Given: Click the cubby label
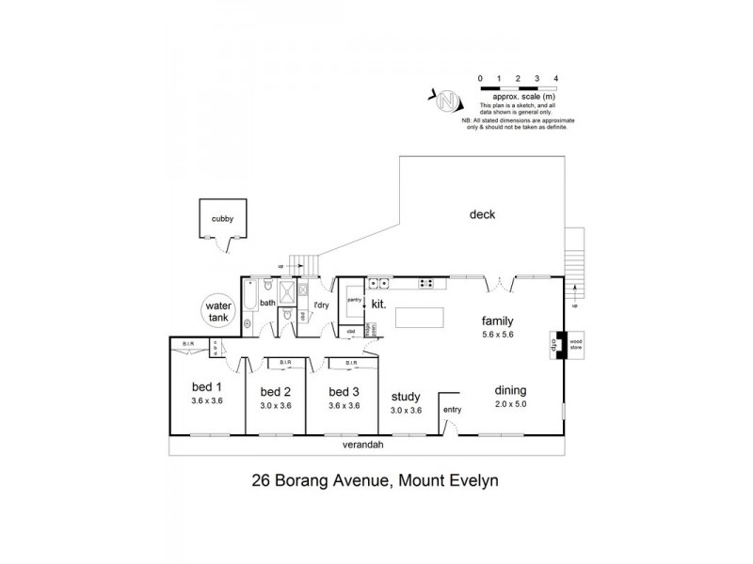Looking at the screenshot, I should coord(222,219).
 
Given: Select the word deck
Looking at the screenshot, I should coord(483,215).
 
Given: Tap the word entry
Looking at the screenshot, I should coord(453,409).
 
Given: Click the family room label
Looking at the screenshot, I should coord(496,320).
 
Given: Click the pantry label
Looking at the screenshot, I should coord(354,299).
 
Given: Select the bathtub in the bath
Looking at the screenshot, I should coord(248,303).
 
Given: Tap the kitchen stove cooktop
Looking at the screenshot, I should coord(425,281).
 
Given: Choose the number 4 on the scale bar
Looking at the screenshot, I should coord(557,78).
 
